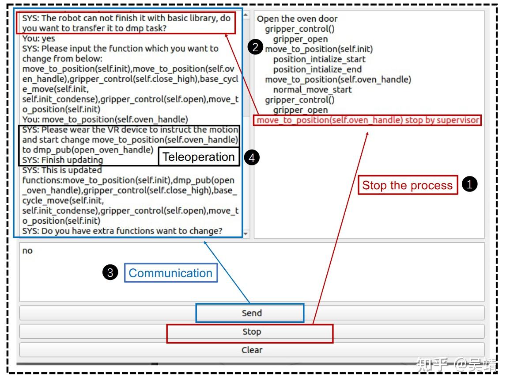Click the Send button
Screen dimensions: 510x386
point(252,313)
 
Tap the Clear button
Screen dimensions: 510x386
point(252,350)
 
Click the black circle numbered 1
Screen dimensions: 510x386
point(470,184)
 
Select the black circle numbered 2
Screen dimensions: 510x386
point(255,47)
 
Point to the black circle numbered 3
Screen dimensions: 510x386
point(110,272)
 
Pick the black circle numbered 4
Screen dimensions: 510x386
point(252,158)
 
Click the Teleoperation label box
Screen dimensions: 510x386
point(199,157)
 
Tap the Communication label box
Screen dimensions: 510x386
point(171,273)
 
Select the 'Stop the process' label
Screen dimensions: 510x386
point(408,185)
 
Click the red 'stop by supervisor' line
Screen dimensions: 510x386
point(368,120)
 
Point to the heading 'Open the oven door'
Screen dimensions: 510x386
point(297,19)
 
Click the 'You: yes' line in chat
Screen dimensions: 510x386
point(39,38)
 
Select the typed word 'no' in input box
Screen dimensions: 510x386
point(27,251)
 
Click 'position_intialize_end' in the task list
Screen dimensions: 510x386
point(317,69)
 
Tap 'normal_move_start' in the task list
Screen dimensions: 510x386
point(313,90)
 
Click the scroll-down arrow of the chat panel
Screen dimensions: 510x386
point(246,234)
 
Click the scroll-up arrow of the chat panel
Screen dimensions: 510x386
point(246,15)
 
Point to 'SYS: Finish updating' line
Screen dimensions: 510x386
point(62,160)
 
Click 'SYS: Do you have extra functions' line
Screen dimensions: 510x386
point(122,231)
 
